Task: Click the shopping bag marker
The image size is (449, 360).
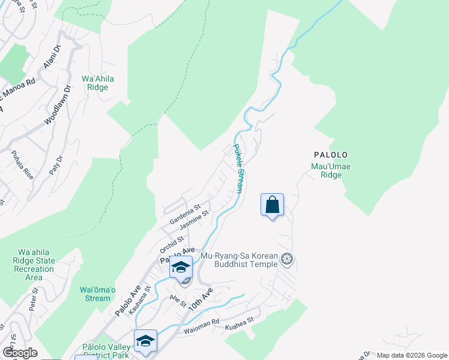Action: (x=272, y=205)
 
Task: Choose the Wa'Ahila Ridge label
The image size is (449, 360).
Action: (x=98, y=83)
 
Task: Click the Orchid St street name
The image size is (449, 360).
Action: (x=171, y=244)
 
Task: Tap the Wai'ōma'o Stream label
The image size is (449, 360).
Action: (x=95, y=294)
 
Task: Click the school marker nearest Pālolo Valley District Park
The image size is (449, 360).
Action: (x=145, y=341)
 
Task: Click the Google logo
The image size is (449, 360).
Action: (x=20, y=353)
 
